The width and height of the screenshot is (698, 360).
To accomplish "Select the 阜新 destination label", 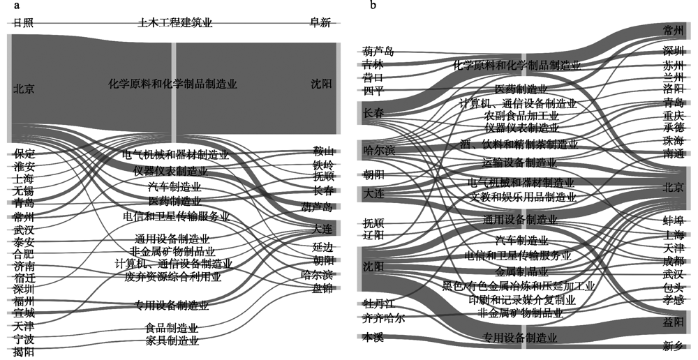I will tap(320, 23).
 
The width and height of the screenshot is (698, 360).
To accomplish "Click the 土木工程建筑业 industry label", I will tap(174, 23).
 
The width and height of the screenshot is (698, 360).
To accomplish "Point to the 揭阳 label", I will tap(24, 353).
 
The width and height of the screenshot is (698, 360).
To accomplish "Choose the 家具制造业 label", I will tap(172, 341).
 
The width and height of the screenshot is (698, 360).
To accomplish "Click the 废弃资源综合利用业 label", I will tap(172, 277).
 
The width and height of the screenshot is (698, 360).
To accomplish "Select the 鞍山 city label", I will tap(323, 151).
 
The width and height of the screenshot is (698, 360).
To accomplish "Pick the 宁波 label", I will tap(24, 340).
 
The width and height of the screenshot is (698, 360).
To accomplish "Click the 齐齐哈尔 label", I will tap(383, 318).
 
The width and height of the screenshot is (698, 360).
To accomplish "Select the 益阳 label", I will tap(674, 322).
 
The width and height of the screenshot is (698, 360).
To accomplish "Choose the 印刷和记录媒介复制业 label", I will tap(523, 300).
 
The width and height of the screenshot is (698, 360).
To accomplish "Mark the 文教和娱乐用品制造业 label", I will tap(523, 197).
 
